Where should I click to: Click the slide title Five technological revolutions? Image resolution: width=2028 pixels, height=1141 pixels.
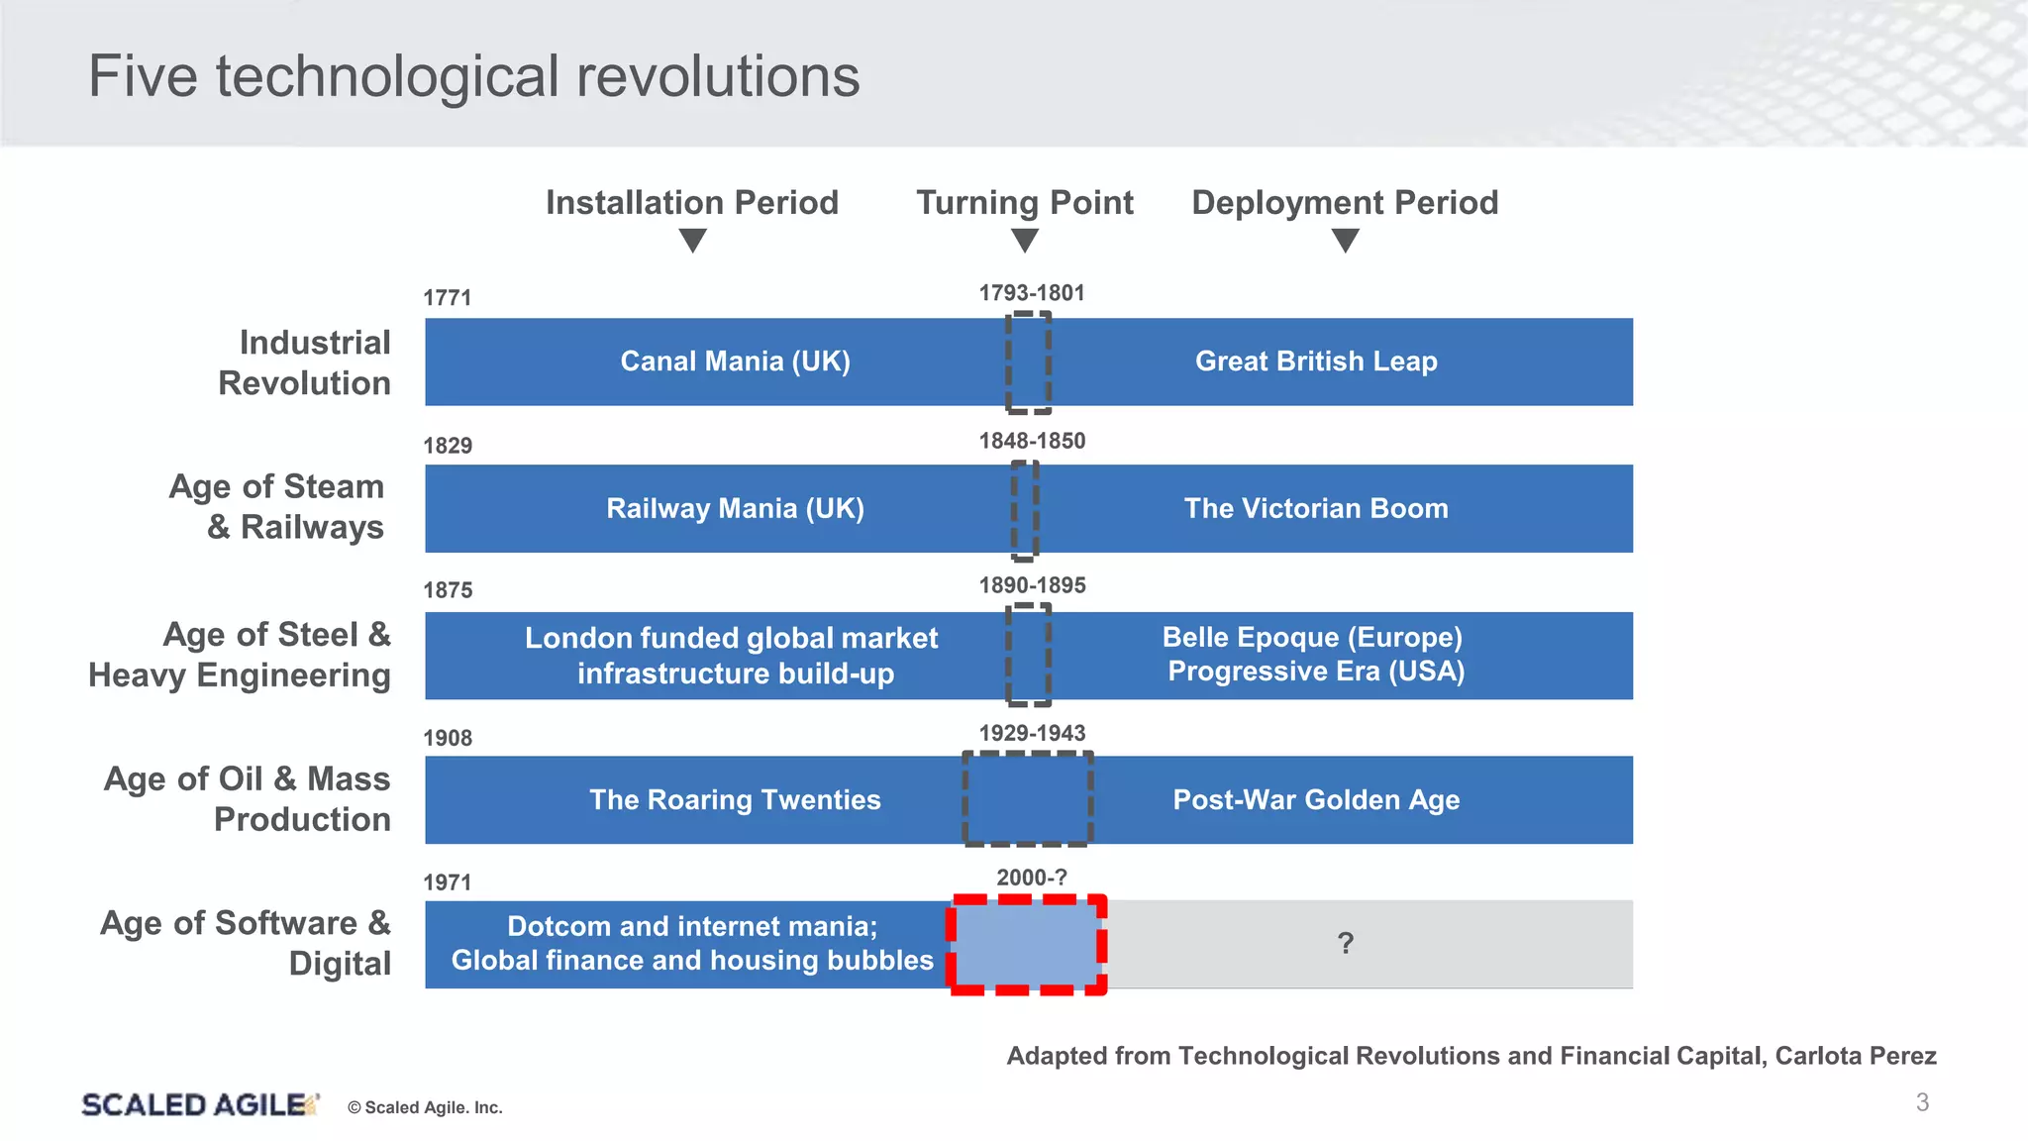[473, 76]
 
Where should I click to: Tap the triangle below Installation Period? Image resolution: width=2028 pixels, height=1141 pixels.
[693, 241]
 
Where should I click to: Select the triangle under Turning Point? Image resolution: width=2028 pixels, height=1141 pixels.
[1025, 241]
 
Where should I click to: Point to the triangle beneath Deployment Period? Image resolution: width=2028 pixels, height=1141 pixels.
[1345, 241]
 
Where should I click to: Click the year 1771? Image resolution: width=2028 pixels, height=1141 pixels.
[448, 298]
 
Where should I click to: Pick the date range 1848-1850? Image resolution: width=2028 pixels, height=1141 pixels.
[1032, 441]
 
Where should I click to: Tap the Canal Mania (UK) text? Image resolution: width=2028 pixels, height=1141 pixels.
[735, 362]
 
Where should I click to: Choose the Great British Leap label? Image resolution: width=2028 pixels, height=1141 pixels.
[1316, 362]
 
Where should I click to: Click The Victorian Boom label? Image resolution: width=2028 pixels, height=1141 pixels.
[1316, 509]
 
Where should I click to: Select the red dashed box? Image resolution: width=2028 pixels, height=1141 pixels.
[1027, 945]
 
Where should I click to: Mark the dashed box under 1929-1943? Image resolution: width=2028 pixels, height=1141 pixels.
[1028, 799]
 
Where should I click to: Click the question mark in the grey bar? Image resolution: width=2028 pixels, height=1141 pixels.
[1345, 944]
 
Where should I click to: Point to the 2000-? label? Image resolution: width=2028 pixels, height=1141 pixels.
[1032, 878]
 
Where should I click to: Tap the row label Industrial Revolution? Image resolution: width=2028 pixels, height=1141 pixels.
[305, 363]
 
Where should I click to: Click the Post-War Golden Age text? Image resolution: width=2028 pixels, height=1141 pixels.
[1316, 800]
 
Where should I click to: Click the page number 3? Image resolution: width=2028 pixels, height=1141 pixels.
[1922, 1102]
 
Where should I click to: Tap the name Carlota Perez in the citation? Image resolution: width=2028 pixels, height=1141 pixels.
[1855, 1056]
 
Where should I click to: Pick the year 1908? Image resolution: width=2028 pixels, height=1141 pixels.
[448, 738]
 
